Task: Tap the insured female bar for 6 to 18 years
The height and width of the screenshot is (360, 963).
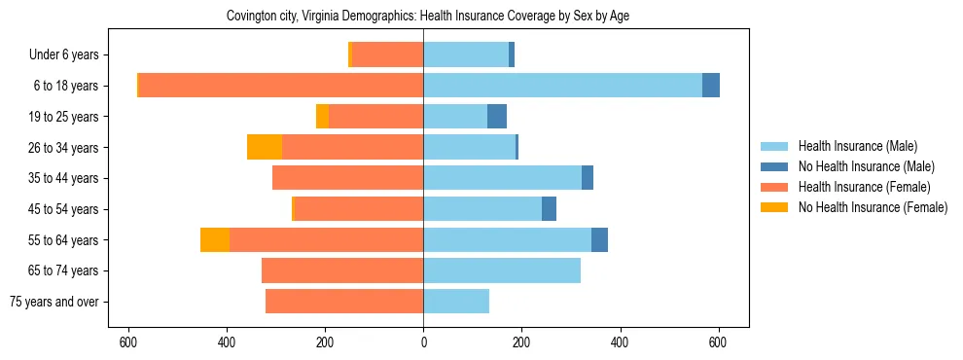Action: coord(281,86)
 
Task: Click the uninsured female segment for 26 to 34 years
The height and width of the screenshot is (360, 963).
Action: coord(265,147)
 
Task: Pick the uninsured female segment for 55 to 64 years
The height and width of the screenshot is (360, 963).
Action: coord(215,239)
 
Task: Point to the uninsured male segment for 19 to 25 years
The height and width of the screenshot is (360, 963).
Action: coord(497,117)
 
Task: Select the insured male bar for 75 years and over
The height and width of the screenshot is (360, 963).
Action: coord(456,302)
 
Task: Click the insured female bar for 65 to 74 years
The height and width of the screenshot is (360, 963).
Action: coord(342,270)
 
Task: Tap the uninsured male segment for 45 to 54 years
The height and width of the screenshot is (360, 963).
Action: coord(549,209)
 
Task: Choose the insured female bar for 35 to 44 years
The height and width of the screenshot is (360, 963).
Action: coord(347,178)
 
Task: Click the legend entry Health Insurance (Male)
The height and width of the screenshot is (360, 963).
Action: coord(857,146)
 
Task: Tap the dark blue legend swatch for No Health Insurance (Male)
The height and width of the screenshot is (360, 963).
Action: coord(774,166)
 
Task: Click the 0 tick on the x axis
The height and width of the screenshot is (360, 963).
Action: coord(423,342)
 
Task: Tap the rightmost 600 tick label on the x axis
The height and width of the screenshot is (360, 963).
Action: coord(718,342)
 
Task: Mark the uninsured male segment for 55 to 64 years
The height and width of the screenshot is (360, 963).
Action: coord(599,239)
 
